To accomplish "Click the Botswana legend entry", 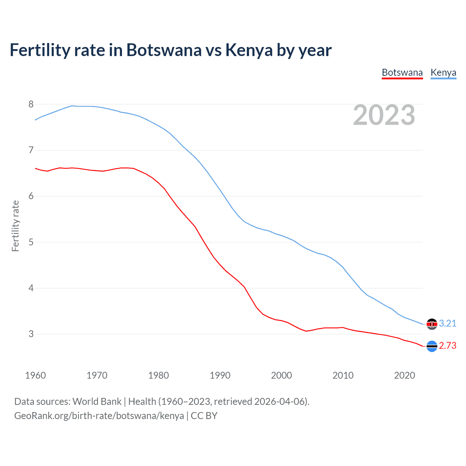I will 402,72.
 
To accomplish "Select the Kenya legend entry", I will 443,72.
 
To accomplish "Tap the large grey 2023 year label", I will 384,115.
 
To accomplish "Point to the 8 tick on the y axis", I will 31,104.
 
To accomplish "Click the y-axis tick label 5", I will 31,242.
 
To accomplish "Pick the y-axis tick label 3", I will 31,334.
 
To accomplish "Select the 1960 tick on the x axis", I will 35,375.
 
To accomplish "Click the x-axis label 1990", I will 220,375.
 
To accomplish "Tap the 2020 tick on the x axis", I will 404,375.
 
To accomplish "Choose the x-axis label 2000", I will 281,375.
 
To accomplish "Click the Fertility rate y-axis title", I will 15,226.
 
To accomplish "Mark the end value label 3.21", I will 447,323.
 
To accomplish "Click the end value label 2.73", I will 447,345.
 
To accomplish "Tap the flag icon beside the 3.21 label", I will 432,324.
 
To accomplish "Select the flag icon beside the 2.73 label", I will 432,346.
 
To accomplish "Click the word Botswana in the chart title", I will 163,50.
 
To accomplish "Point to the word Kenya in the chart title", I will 249,50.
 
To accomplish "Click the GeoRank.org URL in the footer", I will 99,416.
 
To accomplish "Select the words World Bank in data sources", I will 97,402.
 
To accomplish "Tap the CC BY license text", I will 204,416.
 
